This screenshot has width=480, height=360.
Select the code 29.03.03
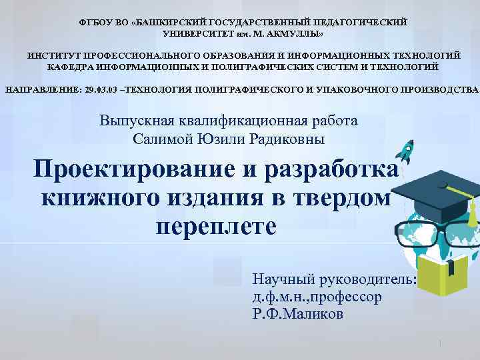point(101,89)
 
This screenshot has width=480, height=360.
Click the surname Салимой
point(160,139)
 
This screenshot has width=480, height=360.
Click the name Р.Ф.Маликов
point(298,313)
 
